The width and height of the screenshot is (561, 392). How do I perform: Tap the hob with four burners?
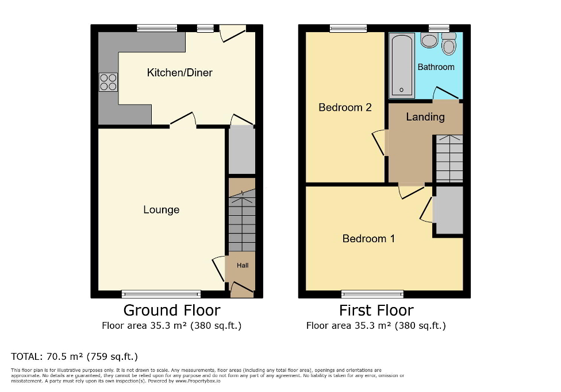pyautogui.click(x=108, y=83)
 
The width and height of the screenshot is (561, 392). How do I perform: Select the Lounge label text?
pyautogui.click(x=161, y=210)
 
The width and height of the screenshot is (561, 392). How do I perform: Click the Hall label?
pyautogui.click(x=243, y=266)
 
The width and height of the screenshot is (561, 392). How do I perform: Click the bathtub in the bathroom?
pyautogui.click(x=401, y=64)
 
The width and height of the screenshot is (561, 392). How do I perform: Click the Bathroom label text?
pyautogui.click(x=436, y=67)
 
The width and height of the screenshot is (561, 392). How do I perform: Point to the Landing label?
pyautogui.click(x=425, y=117)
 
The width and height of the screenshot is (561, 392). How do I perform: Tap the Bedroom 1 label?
pyautogui.click(x=368, y=239)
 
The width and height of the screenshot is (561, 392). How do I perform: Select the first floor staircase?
pyautogui.click(x=449, y=158)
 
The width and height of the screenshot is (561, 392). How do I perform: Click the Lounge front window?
pyautogui.click(x=161, y=294)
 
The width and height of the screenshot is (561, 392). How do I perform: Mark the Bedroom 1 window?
pyautogui.click(x=372, y=294)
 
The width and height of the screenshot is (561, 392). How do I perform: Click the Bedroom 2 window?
pyautogui.click(x=348, y=28)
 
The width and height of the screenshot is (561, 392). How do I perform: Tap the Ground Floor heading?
pyautogui.click(x=171, y=311)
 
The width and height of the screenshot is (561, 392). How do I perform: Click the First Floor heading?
pyautogui.click(x=376, y=311)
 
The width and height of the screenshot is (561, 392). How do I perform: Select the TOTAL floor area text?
pyautogui.click(x=74, y=356)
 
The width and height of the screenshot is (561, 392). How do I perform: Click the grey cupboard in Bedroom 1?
pyautogui.click(x=449, y=210)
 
